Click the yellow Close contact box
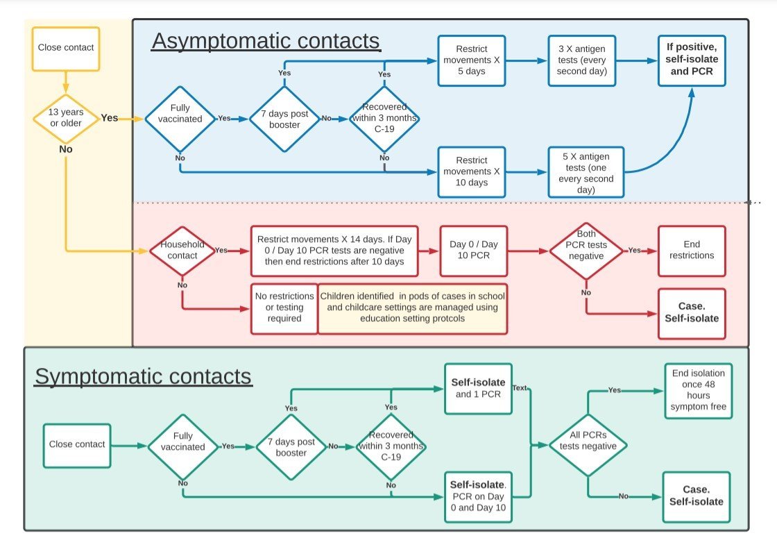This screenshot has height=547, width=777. coord(66,49)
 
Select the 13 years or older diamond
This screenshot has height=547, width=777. coord(65,118)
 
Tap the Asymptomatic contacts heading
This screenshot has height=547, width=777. coord(266,42)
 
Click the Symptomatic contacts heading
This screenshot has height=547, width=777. coord(143,376)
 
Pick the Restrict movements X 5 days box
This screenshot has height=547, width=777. coord(472,61)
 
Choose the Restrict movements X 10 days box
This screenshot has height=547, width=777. coord(472,171)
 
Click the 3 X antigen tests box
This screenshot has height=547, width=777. coord(581,61)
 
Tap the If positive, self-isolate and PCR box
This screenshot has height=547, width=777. coord(692,61)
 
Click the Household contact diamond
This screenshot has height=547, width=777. coord(182,250)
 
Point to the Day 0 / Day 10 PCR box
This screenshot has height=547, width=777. coord(473,250)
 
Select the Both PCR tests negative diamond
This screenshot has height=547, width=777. coord(586,250)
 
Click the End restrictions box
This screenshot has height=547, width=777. coord(692,250)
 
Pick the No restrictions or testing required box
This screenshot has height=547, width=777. coord(284,308)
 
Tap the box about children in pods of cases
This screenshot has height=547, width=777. coord(413,308)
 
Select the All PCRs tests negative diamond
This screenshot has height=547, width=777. coord(588,441)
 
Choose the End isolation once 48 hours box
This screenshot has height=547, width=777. coord(699,390)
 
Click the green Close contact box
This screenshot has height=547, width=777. coord(76,445)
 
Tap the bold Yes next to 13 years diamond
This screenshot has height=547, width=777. coord(110,118)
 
